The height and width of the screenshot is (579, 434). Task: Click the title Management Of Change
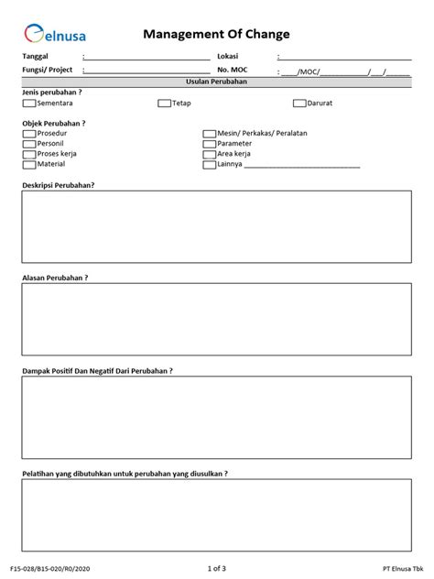217,34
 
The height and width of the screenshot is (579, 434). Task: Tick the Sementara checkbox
28,104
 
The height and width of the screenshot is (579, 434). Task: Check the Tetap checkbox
164,104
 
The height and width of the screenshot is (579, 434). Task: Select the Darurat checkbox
299,104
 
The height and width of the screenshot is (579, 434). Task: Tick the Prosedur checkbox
28,134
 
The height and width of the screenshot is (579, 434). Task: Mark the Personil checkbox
28,144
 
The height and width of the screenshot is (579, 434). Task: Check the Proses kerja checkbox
28,155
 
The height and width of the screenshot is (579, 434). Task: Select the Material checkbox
28,165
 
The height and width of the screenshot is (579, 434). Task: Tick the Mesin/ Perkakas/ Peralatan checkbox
209,134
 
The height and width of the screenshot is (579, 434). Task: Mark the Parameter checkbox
209,144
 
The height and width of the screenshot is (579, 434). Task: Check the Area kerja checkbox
209,155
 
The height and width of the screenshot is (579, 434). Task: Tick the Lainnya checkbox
209,165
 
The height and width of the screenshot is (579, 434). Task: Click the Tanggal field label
35,58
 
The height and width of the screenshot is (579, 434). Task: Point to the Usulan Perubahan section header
217,82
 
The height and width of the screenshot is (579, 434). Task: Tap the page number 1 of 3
217,568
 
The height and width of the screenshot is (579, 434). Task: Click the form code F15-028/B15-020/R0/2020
52,568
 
